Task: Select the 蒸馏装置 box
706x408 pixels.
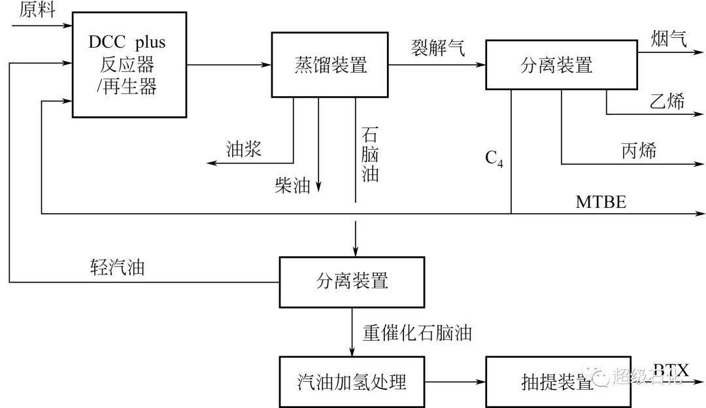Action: pos(330,64)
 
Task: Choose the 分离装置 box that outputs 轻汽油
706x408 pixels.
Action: pos(352,282)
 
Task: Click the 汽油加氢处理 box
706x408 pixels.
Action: pos(352,381)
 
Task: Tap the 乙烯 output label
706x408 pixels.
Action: pos(667,101)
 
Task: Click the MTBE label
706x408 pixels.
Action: pos(600,203)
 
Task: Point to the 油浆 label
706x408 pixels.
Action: pos(243,150)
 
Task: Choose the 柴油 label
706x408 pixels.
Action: pos(292,186)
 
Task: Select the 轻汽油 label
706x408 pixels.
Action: pos(118,267)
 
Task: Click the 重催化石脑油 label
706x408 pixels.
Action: pos(417,333)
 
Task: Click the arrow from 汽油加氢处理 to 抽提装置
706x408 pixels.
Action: pos(455,381)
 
